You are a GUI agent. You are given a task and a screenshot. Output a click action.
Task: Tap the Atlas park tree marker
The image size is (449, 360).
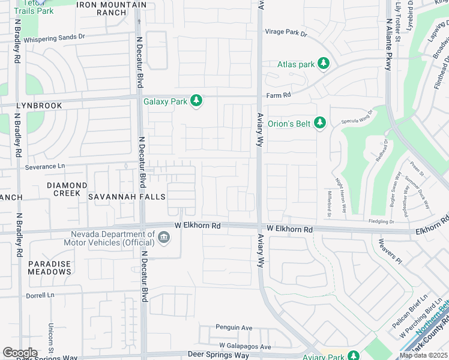[324, 64]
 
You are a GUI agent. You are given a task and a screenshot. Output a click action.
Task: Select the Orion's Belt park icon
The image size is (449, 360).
[320, 123]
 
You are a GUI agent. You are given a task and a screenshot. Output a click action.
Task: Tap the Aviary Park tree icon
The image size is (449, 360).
[354, 356]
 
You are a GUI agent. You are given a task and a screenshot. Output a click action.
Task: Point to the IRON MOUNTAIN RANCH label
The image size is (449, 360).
[112, 8]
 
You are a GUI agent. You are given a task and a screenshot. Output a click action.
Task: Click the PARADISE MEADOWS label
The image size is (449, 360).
[49, 268]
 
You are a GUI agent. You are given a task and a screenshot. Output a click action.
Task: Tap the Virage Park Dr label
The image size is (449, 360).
[286, 34]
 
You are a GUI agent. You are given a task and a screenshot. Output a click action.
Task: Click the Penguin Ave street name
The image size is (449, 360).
[235, 328]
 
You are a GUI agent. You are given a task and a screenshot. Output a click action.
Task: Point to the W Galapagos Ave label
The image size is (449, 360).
[245, 346]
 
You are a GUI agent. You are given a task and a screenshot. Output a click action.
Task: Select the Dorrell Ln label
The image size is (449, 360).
[40, 295]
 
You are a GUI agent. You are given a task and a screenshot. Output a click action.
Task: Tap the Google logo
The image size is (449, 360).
[20, 353]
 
